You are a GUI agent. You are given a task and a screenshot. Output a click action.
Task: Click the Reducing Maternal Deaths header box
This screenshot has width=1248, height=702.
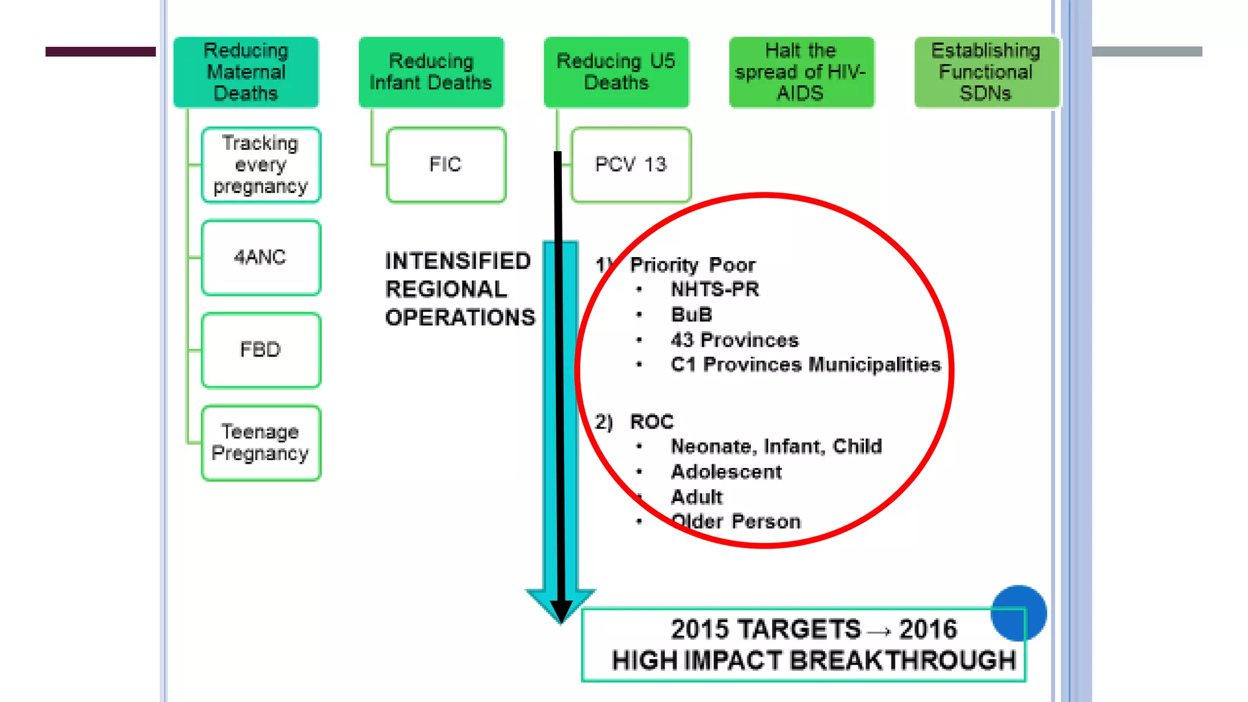[246, 72]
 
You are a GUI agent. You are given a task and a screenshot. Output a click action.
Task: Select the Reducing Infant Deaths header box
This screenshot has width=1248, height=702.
[431, 72]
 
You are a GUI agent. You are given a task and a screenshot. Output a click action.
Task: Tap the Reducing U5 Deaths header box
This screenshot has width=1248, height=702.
[616, 72]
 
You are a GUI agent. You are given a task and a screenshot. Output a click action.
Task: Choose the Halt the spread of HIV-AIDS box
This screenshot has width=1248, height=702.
[801, 72]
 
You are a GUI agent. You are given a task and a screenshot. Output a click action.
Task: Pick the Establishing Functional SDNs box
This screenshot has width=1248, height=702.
[986, 72]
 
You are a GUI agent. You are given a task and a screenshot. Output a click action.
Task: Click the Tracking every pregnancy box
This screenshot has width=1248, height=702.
[261, 165]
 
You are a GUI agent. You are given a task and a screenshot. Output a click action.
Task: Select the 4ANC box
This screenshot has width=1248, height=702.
[261, 257]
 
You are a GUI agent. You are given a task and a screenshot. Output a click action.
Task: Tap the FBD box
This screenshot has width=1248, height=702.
[261, 350]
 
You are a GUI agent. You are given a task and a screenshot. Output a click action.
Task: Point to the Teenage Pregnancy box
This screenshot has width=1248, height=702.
[261, 443]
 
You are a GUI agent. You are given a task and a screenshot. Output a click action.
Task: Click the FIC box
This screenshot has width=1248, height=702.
[446, 165]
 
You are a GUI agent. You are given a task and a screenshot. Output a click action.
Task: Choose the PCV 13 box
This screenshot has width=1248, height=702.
[631, 165]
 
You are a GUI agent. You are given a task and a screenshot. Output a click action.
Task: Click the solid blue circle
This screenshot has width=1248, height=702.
[1018, 612]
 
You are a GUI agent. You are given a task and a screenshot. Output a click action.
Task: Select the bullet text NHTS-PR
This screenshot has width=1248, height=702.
[715, 289]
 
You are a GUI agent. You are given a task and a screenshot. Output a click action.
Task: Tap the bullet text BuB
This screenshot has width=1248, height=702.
[691, 314]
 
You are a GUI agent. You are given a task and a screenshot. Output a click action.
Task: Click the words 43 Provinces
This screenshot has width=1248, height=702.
[734, 340]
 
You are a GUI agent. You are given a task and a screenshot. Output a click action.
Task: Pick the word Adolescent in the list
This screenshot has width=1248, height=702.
[726, 472]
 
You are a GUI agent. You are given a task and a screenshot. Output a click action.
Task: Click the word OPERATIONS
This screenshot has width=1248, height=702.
[460, 317]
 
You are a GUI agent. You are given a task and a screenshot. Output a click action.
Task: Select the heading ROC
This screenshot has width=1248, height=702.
[651, 422]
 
